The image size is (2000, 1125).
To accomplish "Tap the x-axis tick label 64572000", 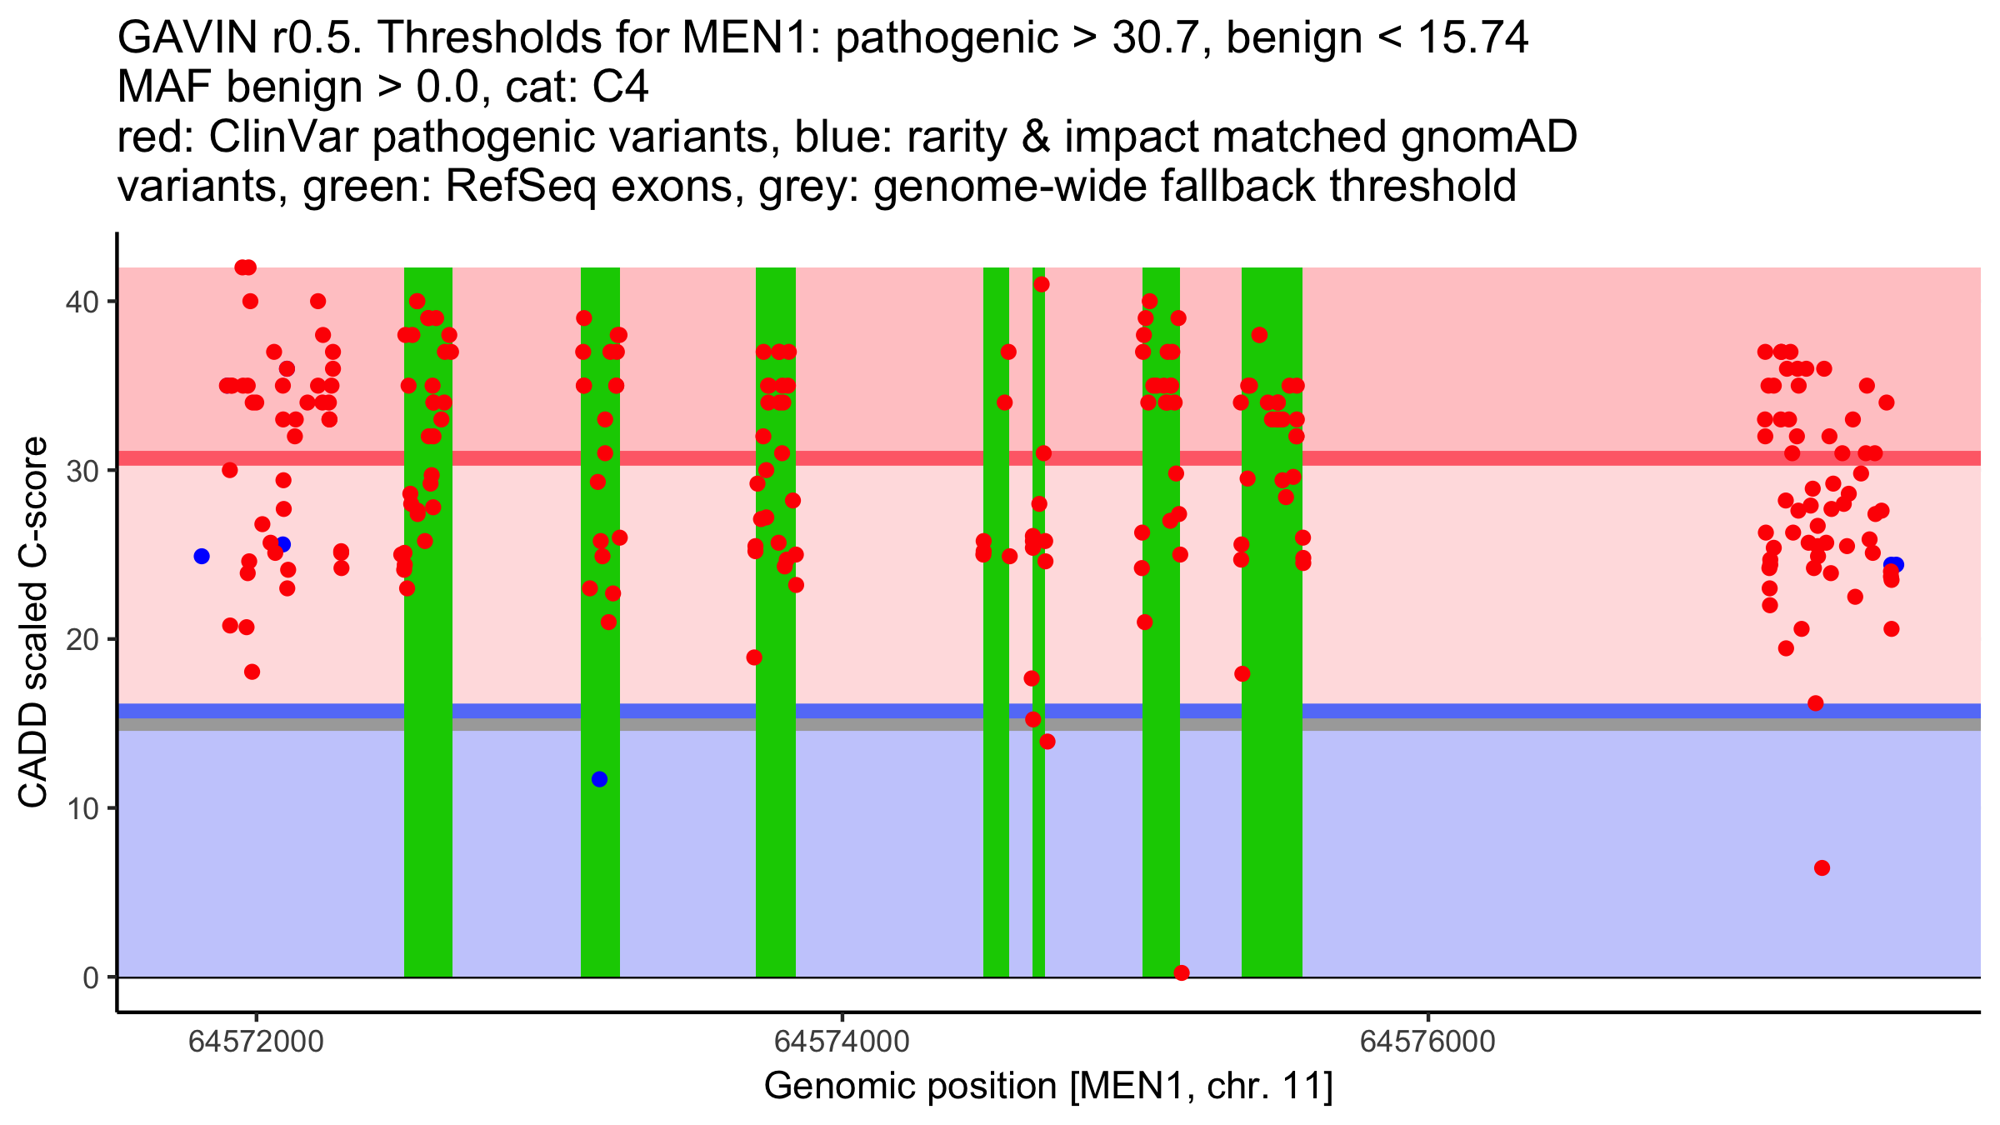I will (x=256, y=1042).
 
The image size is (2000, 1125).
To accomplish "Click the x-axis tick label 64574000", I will (x=842, y=1042).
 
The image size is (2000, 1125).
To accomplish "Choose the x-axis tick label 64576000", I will (x=1427, y=1042).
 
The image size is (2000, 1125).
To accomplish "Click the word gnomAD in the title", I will (x=1488, y=137).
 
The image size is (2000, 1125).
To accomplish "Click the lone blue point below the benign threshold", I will (x=599, y=779).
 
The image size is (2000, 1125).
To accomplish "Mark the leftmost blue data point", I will (x=202, y=556).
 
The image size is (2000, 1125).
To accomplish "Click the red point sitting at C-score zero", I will (x=1181, y=972).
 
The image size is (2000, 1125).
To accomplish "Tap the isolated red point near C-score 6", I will (x=1822, y=867).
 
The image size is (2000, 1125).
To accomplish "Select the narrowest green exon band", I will (x=1038, y=833).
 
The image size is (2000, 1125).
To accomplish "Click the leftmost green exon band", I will (x=428, y=833).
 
